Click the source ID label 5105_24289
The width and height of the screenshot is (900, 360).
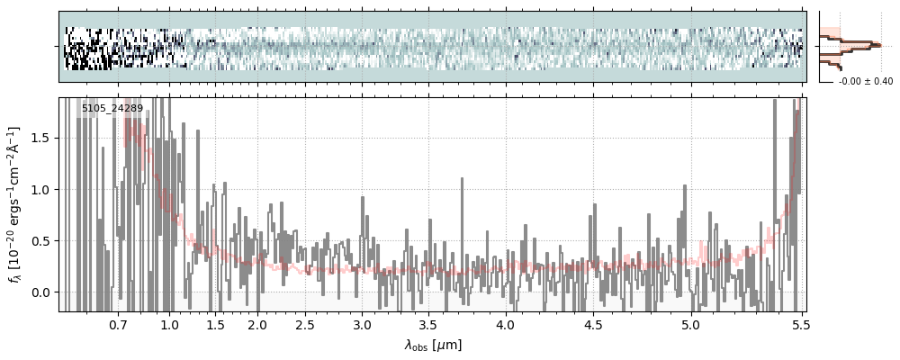pos(112,109)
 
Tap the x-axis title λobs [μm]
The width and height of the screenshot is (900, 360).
pos(433,344)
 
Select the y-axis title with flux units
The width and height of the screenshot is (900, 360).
pos(15,204)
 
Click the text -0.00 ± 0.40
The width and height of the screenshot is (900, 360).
pos(866,82)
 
